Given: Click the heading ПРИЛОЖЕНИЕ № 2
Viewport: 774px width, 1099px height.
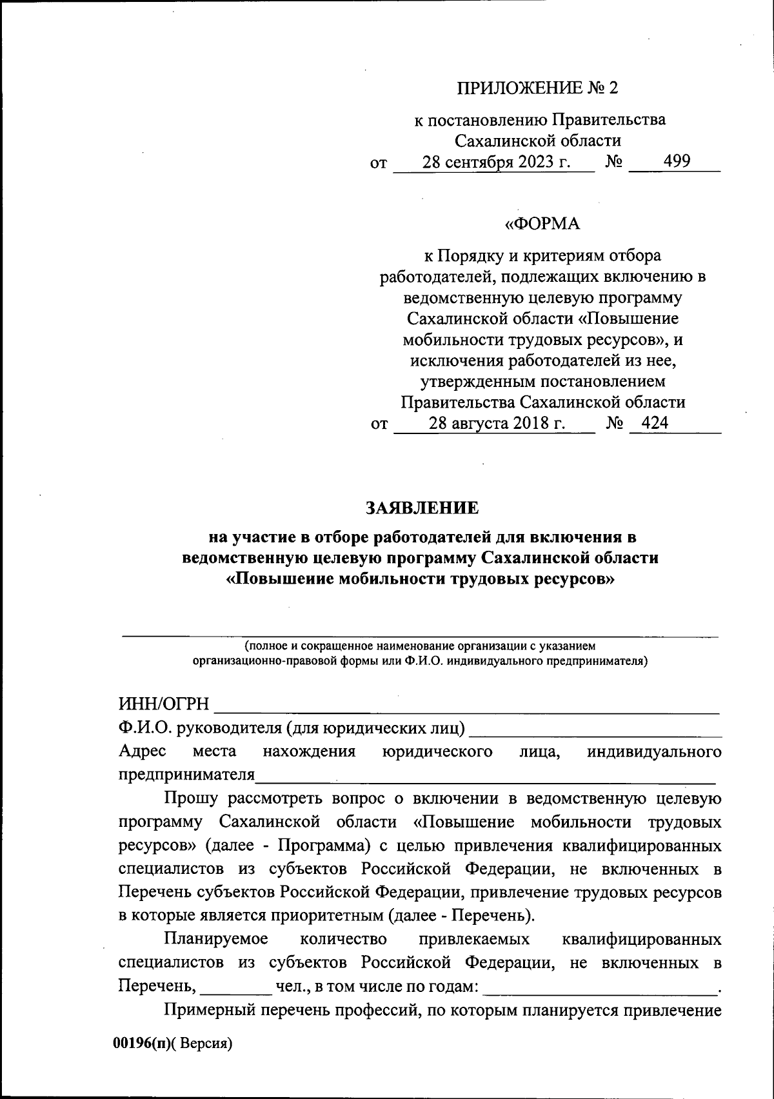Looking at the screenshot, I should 537,88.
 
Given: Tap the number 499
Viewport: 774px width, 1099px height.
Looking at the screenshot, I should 677,161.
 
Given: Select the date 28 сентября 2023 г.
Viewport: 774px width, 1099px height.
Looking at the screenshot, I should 496,161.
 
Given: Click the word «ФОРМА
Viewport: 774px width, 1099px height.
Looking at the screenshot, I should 542,224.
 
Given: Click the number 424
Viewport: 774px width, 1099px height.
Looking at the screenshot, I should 651,423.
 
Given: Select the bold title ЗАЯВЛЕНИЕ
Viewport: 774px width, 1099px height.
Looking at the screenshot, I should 422,508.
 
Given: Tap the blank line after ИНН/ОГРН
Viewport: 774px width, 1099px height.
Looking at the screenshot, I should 464,709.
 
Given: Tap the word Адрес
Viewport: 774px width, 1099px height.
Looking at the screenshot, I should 142,751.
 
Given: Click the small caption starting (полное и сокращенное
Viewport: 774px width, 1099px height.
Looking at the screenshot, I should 420,646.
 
